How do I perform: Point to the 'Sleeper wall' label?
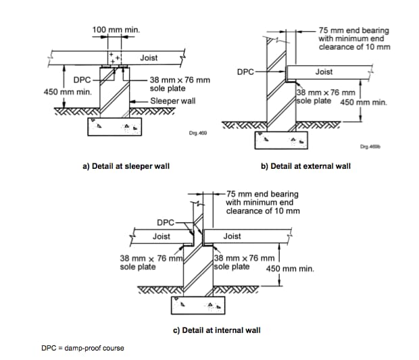tap(172, 101)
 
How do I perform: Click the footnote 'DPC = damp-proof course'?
tap(82, 349)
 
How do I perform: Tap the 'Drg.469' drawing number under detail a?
tap(198, 134)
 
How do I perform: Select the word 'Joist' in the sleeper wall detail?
tap(149, 59)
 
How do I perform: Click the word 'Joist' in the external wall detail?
tap(324, 72)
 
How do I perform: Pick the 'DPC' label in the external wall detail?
tap(245, 71)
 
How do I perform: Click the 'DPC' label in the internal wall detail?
tap(165, 222)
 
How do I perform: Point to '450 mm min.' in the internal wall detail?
tap(290, 269)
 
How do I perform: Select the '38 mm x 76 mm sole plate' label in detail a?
tap(179, 84)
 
